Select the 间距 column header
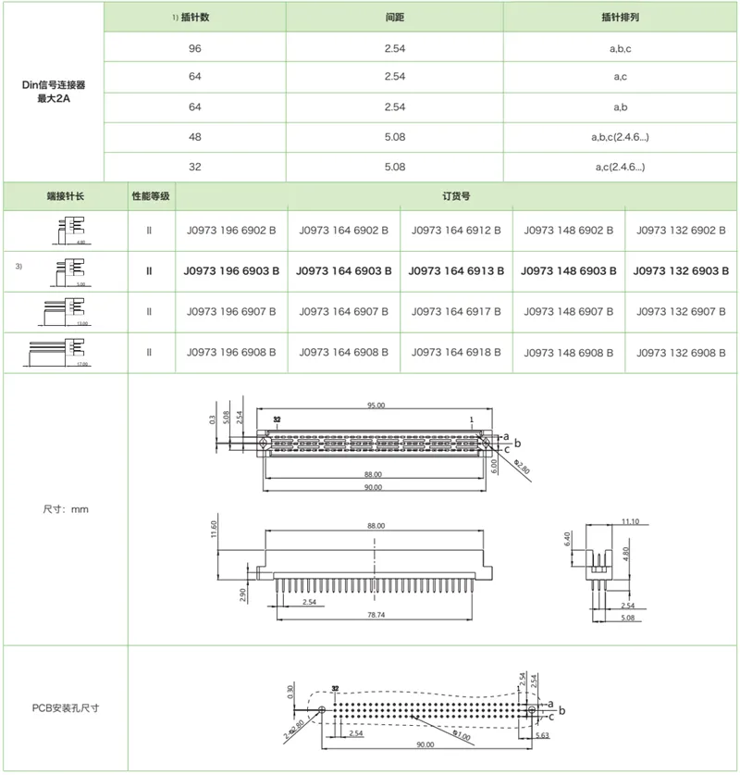(395, 18)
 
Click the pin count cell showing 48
(195, 137)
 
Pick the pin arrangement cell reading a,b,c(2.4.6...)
(621, 137)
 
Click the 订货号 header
(457, 197)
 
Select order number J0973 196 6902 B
(231, 230)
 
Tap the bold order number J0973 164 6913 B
(456, 271)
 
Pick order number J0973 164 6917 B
(456, 312)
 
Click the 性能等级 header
(149, 197)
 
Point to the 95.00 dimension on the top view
(375, 405)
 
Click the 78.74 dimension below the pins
(375, 614)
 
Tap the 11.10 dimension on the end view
(630, 522)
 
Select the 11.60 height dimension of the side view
(215, 530)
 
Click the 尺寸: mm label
(66, 508)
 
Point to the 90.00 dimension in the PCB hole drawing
(425, 743)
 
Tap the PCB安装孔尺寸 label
(66, 708)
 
